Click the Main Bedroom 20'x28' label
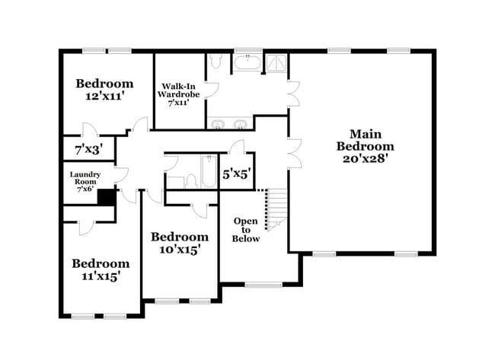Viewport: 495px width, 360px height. tap(366, 146)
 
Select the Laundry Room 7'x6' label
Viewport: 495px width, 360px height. tap(85, 182)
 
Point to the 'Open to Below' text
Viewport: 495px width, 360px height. tap(246, 230)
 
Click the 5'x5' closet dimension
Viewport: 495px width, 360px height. tap(237, 174)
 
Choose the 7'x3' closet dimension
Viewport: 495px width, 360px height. tap(89, 149)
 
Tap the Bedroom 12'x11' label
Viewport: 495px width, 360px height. tap(104, 89)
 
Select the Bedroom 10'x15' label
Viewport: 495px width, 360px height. tap(180, 243)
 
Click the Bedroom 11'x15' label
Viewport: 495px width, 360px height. tap(101, 269)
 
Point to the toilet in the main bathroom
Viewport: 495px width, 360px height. tap(216, 62)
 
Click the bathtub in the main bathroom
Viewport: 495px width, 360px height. tap(247, 62)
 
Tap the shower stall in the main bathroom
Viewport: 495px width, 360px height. tap(276, 62)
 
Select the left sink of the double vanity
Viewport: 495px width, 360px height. tap(217, 124)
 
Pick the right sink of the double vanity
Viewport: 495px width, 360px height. tap(241, 124)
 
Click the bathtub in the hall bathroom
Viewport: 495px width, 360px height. tap(209, 172)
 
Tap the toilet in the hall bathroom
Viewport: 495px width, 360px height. tap(191, 181)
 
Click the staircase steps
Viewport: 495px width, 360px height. tap(277, 209)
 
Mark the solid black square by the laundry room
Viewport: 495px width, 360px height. tap(107, 198)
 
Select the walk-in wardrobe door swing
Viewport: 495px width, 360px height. tap(212, 91)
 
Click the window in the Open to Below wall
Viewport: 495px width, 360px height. tap(263, 285)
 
